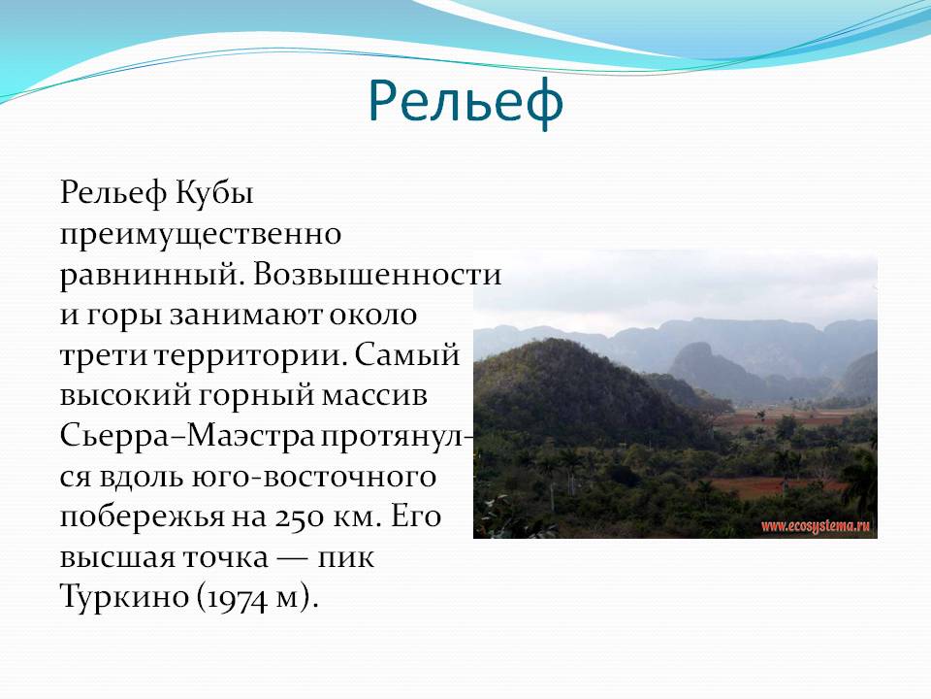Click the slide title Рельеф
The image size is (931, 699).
[x=465, y=102]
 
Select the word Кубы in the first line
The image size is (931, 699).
[x=215, y=192]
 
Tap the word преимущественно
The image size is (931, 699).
[x=201, y=235]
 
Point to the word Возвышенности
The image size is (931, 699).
[x=377, y=275]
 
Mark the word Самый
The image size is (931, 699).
[x=407, y=355]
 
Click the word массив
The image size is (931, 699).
[x=374, y=396]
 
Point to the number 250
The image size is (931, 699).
[x=300, y=516]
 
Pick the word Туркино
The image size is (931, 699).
[x=123, y=597]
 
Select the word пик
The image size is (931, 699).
[x=345, y=559]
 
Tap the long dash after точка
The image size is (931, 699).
[x=293, y=559]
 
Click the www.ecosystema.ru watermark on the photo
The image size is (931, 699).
[x=816, y=525]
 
